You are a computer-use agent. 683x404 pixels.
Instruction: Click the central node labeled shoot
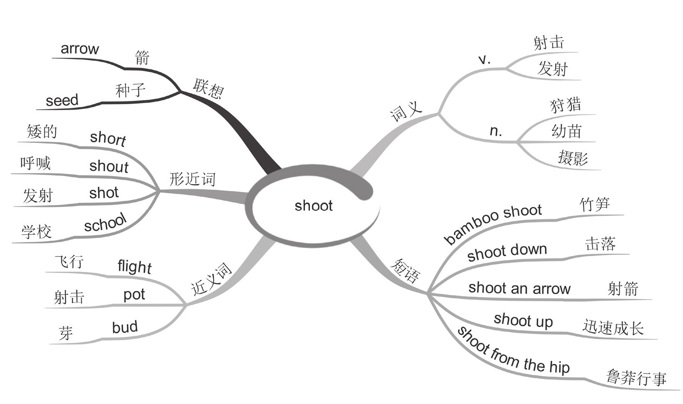pyautogui.click(x=314, y=206)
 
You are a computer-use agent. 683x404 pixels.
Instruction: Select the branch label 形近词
pyautogui.click(x=192, y=179)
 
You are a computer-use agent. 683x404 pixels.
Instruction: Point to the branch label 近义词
pyautogui.click(x=211, y=279)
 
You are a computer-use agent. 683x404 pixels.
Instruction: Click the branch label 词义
pyautogui.click(x=406, y=111)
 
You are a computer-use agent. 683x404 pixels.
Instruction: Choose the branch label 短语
pyautogui.click(x=405, y=271)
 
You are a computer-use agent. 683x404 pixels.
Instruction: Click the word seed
pyautogui.click(x=62, y=100)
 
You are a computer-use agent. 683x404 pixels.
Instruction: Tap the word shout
pyautogui.click(x=109, y=166)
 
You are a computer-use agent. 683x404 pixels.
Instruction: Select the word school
pyautogui.click(x=105, y=222)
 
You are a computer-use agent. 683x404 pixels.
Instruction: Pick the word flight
pyautogui.click(x=134, y=266)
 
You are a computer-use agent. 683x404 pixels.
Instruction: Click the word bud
pyautogui.click(x=125, y=327)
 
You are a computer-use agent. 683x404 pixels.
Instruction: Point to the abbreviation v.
pyautogui.click(x=484, y=60)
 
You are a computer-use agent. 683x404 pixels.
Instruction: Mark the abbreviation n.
pyautogui.click(x=496, y=131)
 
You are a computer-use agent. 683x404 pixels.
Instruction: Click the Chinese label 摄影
pyautogui.click(x=573, y=158)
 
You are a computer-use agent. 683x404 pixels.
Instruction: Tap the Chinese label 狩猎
pyautogui.click(x=565, y=105)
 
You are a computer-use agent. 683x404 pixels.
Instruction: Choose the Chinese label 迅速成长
pyautogui.click(x=613, y=327)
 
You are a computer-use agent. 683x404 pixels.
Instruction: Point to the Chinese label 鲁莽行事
pyautogui.click(x=636, y=377)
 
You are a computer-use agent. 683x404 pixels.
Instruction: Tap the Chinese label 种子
pyautogui.click(x=130, y=90)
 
